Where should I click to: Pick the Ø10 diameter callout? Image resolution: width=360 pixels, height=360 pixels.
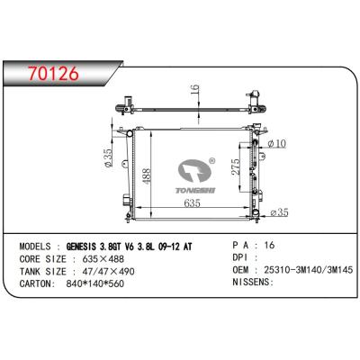276,143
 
